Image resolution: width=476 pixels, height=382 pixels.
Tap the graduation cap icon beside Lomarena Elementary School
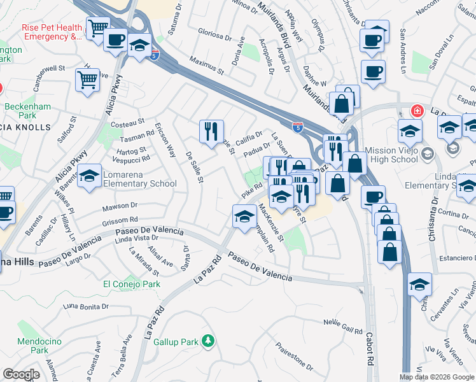[x=89, y=176]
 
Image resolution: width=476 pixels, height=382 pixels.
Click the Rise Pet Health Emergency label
[x=53, y=32]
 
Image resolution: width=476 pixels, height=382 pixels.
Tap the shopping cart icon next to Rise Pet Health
[x=97, y=28]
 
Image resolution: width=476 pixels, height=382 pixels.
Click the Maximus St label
[x=207, y=65]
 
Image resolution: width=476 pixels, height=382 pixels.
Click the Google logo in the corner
[x=21, y=374]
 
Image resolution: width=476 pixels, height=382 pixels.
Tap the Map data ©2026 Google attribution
[x=437, y=377]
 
